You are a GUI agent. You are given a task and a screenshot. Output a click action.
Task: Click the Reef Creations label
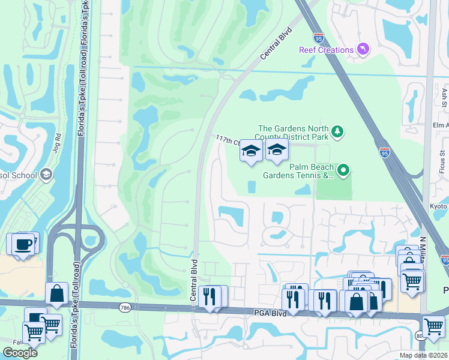coord(326,50)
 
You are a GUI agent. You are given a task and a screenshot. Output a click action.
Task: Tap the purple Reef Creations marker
coord(363,49)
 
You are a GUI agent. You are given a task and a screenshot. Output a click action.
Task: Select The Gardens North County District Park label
coord(293,133)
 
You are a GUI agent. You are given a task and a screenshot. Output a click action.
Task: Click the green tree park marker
coord(337,131)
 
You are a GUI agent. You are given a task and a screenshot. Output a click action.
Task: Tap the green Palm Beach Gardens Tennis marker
coord(343,171)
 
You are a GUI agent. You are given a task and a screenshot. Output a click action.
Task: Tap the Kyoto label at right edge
coord(439,206)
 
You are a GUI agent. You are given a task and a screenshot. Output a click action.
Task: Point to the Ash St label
coord(445,95)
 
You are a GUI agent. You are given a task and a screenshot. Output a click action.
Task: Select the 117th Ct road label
coord(227,142)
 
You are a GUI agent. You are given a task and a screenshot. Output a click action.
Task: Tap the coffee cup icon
coord(23,245)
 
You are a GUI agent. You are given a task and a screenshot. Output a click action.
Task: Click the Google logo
coord(20,353)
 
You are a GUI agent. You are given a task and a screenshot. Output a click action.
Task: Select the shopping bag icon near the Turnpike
coord(56,294)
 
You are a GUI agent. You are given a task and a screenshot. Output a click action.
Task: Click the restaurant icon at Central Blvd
coord(209,296)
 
